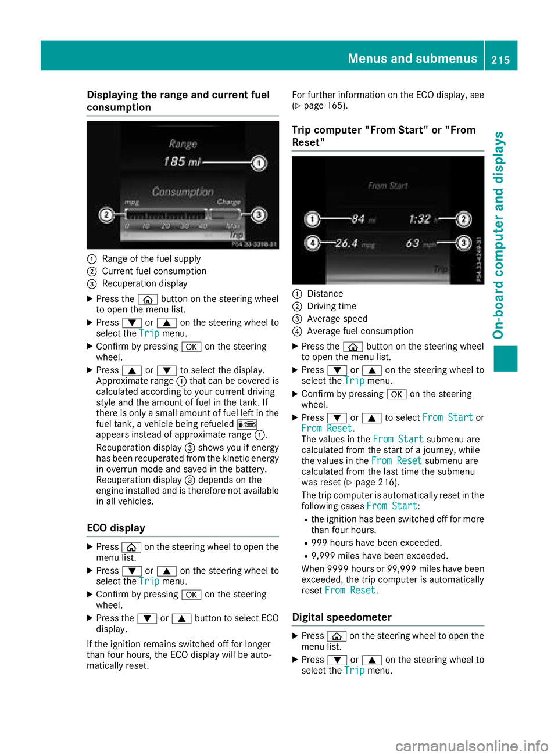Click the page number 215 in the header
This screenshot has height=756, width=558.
[500, 60]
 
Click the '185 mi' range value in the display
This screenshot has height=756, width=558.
[181, 162]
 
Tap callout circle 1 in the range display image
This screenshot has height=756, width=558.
[259, 163]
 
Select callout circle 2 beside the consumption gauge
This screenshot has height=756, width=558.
[106, 215]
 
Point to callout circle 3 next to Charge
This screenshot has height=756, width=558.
[259, 215]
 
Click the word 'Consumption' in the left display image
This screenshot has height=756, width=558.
[183, 192]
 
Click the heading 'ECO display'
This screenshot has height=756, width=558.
[116, 528]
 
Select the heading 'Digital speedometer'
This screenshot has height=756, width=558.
[342, 617]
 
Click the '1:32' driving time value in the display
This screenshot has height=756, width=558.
[420, 219]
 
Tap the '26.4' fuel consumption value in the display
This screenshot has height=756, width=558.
[346, 243]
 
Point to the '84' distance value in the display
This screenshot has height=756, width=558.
[357, 219]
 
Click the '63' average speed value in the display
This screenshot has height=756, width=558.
[413, 243]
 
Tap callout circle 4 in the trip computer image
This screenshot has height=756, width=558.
[313, 243]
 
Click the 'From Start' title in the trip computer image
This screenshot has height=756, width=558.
[388, 186]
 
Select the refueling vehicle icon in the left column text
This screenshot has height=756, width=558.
[246, 424]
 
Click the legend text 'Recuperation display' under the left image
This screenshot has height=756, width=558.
[145, 283]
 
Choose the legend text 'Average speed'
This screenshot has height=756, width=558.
[337, 319]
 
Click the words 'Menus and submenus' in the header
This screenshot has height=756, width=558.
[412, 59]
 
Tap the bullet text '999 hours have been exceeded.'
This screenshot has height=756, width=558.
[377, 543]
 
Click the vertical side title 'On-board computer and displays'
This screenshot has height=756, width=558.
[499, 235]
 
